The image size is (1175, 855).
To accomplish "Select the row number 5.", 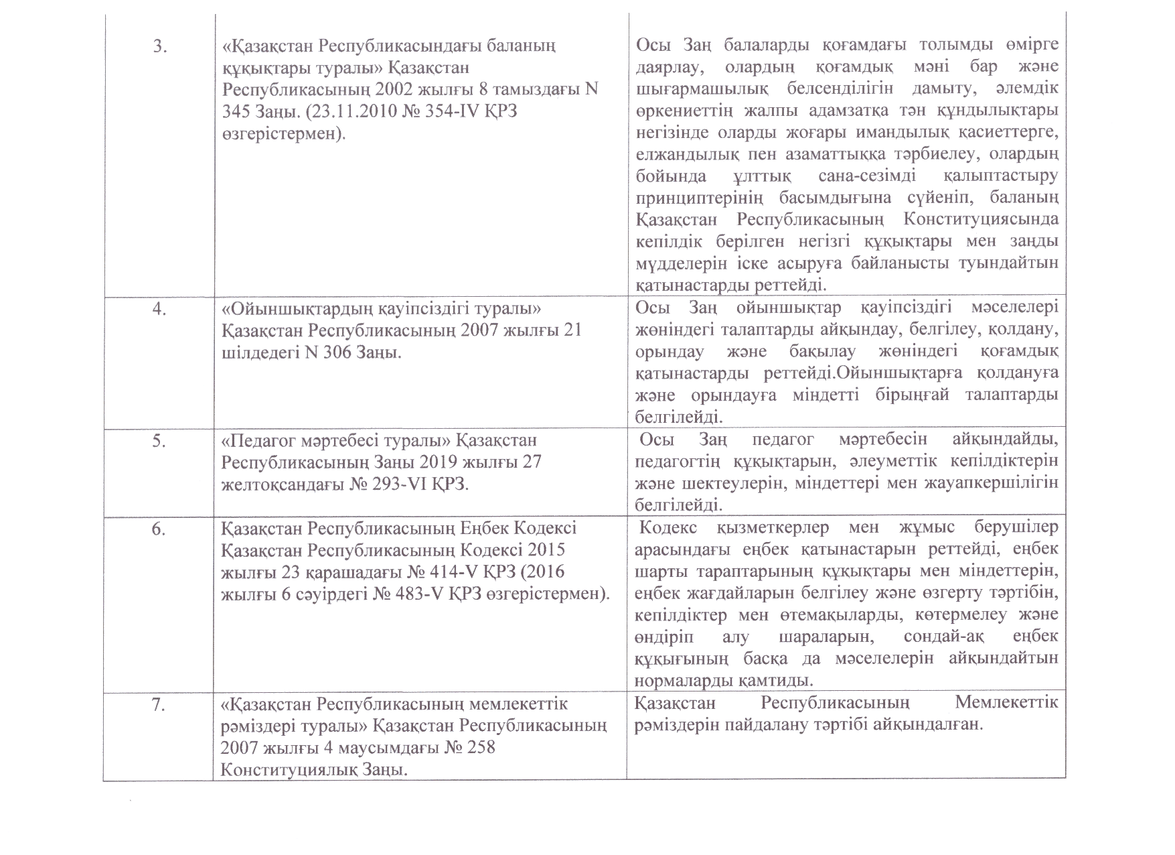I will [x=159, y=441].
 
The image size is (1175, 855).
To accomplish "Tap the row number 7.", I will [x=159, y=704].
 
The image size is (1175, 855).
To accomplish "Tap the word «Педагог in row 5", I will [x=254, y=441].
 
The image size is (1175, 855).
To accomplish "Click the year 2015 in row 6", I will [x=546, y=550].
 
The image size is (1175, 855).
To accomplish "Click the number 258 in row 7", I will [x=480, y=747].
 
